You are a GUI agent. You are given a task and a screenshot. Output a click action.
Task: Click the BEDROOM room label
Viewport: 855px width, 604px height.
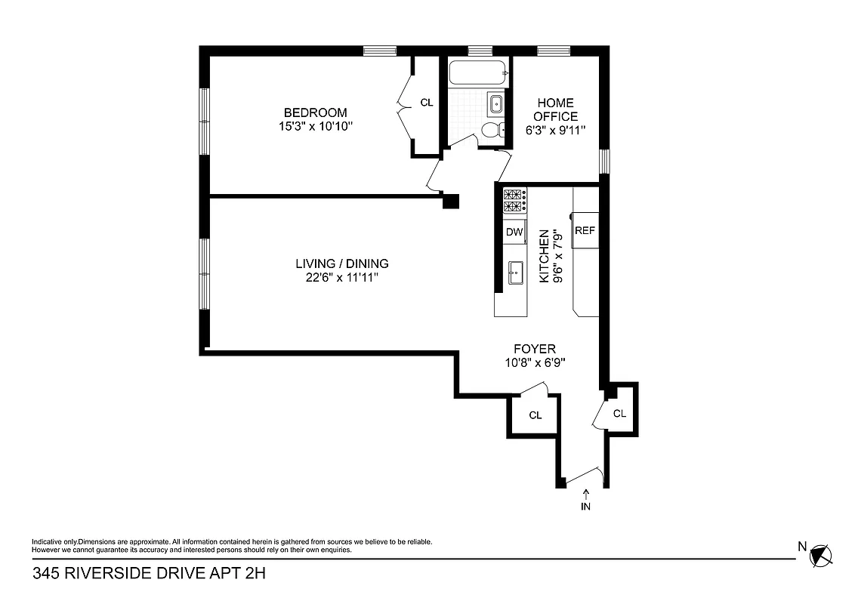pos(315,113)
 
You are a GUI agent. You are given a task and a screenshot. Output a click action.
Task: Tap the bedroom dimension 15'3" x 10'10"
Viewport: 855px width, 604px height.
pos(315,127)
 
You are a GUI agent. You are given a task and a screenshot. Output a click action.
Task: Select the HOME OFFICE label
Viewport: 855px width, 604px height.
pos(556,109)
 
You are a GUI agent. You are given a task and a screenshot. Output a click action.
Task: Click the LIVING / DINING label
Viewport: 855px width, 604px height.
pos(341,263)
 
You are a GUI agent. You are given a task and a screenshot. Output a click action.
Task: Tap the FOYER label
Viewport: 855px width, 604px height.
pos(535,349)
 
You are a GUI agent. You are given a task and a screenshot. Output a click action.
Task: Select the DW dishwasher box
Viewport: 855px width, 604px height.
pos(514,233)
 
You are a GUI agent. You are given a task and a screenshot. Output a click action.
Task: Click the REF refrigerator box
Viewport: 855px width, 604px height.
pos(585,231)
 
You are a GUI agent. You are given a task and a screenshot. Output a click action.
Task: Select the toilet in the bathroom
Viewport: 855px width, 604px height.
pos(492,130)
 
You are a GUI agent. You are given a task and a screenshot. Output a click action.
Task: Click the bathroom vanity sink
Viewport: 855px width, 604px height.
pos(497,104)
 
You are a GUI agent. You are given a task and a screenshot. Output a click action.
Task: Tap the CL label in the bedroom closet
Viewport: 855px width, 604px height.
pos(427,102)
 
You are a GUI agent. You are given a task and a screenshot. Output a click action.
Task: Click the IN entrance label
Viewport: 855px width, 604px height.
pos(585,507)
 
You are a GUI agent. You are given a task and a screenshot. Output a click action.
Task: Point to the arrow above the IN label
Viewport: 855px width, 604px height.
pos(585,494)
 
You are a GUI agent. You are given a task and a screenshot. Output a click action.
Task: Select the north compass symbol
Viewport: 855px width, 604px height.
pos(820,556)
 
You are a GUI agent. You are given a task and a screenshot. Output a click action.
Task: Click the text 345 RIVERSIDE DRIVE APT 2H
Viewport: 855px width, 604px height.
pos(150,574)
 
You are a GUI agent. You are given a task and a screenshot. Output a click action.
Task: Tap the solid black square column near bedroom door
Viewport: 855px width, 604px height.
pos(450,201)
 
